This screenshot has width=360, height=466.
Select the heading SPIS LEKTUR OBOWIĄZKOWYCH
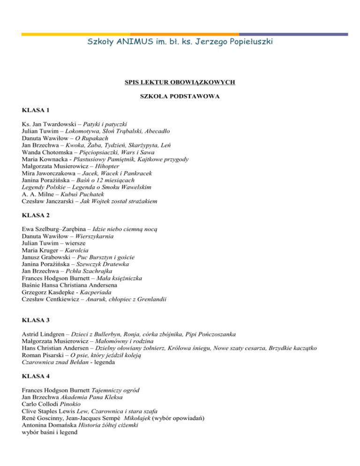[180, 83]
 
